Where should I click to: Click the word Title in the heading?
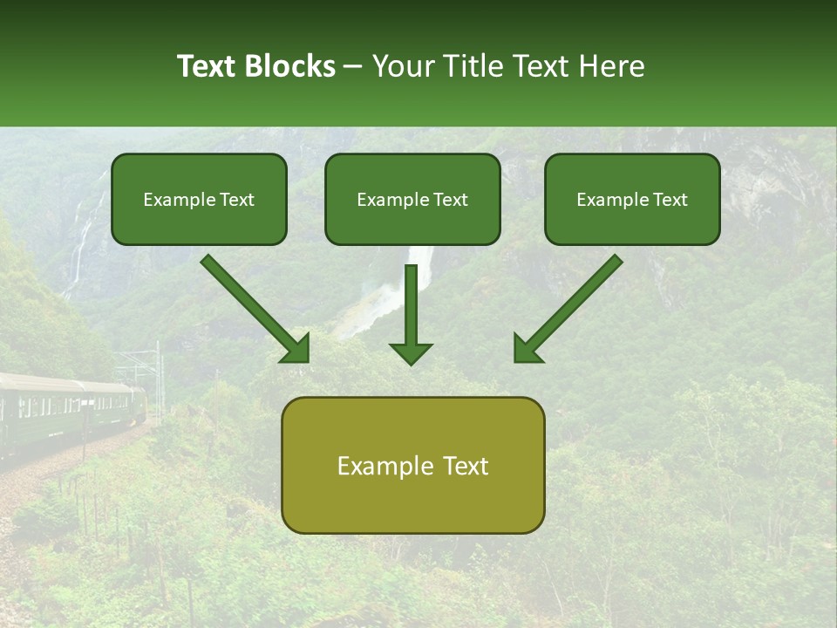coord(473,66)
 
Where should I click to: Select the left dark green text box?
coord(199,200)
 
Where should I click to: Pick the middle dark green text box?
coord(412,200)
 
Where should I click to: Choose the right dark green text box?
coord(632,200)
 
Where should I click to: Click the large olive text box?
coord(412,465)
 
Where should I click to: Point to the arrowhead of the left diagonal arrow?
coord(296,349)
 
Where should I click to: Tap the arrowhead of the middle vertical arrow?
coord(411,353)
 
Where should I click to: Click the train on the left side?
coord(70,406)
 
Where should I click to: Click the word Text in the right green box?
coord(670,200)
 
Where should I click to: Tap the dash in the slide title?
coord(353,66)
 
